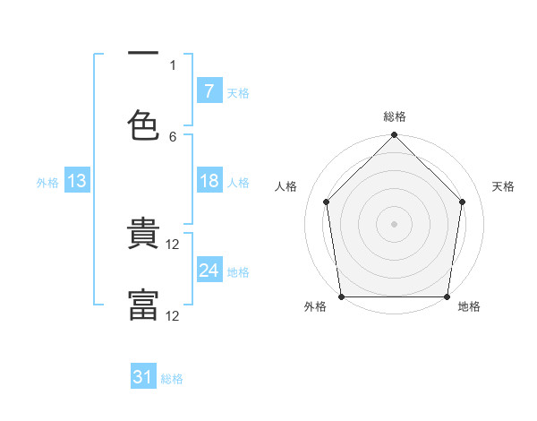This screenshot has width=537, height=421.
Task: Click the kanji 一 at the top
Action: point(143,53)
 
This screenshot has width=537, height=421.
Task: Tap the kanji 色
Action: point(143,125)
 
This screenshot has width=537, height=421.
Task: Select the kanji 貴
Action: point(143,233)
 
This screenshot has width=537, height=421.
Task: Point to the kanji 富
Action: point(143,305)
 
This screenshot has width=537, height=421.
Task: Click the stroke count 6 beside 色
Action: point(173,137)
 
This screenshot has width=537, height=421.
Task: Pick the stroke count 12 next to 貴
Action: point(172,245)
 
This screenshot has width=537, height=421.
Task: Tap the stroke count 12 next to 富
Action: point(172,316)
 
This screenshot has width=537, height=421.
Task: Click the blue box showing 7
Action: point(209,90)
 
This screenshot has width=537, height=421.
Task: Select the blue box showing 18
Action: point(209,180)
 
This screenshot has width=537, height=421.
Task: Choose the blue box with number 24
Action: point(209,269)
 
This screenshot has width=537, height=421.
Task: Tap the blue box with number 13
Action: point(77,180)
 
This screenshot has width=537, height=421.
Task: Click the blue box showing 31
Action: point(143,375)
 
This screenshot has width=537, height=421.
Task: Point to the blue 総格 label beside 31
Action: point(172,379)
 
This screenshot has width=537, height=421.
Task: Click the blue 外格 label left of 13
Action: point(47,183)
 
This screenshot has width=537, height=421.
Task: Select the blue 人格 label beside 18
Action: point(238,183)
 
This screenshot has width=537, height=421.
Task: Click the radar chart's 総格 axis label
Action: point(395,116)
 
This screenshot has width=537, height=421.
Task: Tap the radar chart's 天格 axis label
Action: point(503,186)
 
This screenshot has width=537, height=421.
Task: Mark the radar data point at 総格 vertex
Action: point(394,134)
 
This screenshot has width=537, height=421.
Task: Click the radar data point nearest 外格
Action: point(342,296)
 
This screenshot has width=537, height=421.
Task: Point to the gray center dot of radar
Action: point(394,224)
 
